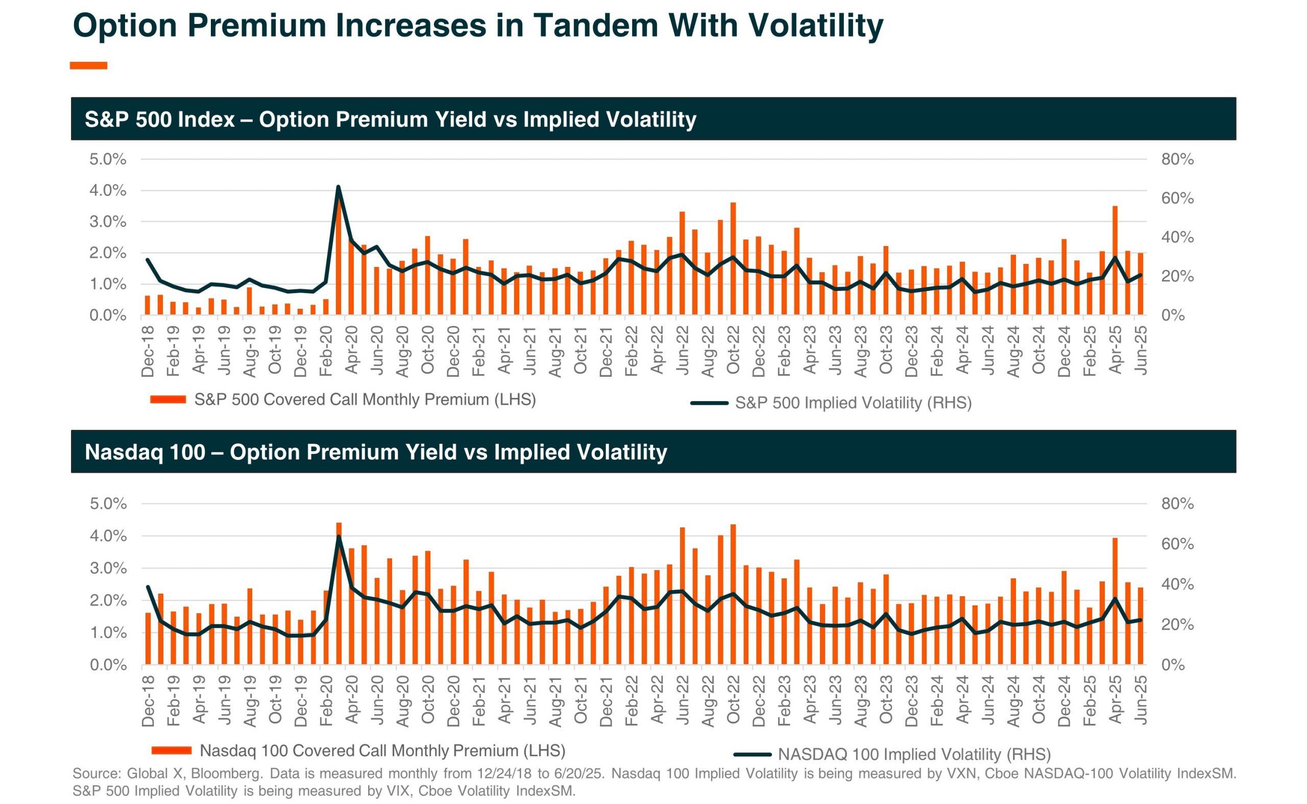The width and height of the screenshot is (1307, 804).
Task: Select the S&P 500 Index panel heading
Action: pyautogui.click(x=390, y=119)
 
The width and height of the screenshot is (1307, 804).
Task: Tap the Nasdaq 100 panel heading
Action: pyautogui.click(x=375, y=452)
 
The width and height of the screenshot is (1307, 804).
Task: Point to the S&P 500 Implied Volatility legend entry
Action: pyautogui.click(x=853, y=403)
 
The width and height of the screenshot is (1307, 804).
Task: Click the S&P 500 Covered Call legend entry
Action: pyautogui.click(x=364, y=399)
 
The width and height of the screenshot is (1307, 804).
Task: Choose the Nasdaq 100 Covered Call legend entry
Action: pyautogui.click(x=382, y=750)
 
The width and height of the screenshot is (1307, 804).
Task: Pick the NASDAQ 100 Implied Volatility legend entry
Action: pyautogui.click(x=913, y=754)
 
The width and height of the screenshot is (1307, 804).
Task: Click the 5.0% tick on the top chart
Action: pyautogui.click(x=107, y=159)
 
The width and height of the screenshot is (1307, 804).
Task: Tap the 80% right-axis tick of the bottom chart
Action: pyautogui.click(x=1177, y=503)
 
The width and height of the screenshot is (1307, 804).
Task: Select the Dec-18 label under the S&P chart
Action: pyautogui.click(x=148, y=352)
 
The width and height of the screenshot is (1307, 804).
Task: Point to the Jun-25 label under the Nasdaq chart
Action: pyautogui.click(x=1140, y=700)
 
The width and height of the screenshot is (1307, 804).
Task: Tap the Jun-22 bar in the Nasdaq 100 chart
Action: pyautogui.click(x=682, y=596)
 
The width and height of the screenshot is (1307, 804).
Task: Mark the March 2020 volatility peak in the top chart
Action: pyautogui.click(x=338, y=187)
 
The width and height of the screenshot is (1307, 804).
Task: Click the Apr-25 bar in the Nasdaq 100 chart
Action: pyautogui.click(x=1115, y=601)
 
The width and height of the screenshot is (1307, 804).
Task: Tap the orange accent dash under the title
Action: pyautogui.click(x=88, y=65)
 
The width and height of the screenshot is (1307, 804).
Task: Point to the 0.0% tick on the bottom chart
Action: pyautogui.click(x=108, y=665)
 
